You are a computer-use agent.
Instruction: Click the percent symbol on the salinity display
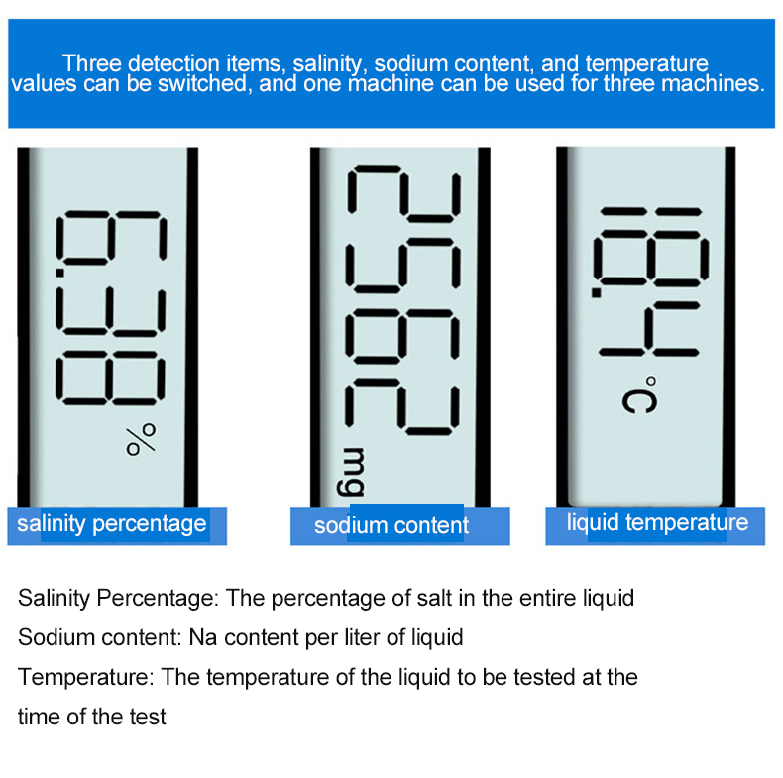141,439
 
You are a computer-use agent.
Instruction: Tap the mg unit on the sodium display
351,472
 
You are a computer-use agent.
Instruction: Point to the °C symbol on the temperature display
640,395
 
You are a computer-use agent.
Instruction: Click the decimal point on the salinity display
59,273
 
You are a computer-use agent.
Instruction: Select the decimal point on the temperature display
597,292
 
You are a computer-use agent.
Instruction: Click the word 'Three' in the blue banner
92,63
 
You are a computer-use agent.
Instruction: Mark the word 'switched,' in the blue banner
203,84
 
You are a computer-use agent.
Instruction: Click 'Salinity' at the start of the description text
54,598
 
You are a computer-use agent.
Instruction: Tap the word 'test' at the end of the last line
148,718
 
